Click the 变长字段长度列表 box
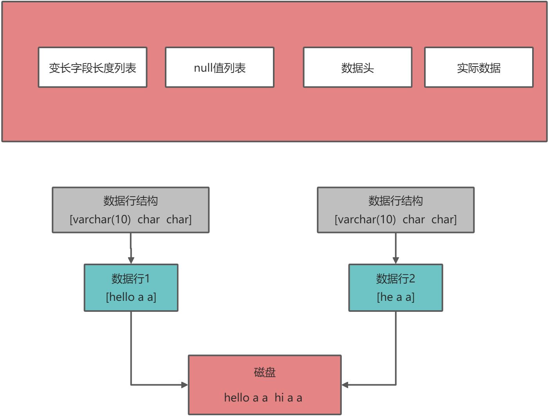[x=92, y=67]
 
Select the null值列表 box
[x=219, y=67]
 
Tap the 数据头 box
[x=357, y=67]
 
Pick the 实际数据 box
[x=479, y=67]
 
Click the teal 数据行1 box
[x=131, y=288]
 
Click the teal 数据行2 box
[x=395, y=288]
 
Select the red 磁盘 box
[x=265, y=385]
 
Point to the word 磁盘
[x=265, y=372]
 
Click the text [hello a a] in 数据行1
[x=131, y=297]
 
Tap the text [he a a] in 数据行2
[x=395, y=297]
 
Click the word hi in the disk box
[x=279, y=398]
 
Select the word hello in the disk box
[x=237, y=398]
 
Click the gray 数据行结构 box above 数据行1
[x=131, y=210]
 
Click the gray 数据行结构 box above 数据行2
[x=395, y=210]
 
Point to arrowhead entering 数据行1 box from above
[x=131, y=260]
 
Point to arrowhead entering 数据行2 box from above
[x=395, y=260]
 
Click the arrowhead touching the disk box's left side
[x=184, y=385]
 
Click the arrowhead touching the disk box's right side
[x=345, y=385]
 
